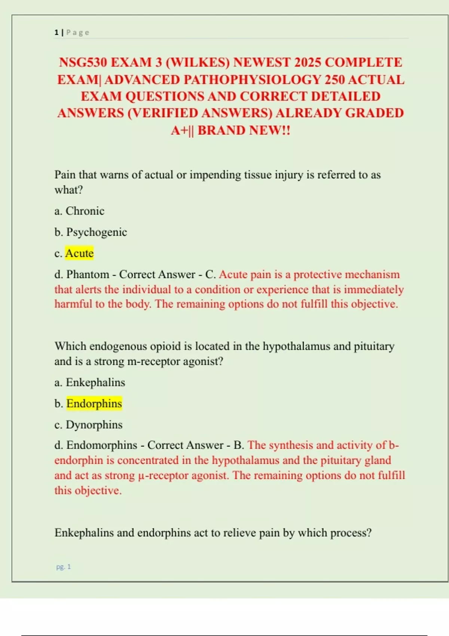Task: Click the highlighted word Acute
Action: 79,253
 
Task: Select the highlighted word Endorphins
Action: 94,404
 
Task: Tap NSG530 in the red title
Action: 83,62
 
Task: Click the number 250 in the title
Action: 335,80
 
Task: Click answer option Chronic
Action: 85,211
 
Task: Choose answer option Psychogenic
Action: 97,232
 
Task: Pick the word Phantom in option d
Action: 88,275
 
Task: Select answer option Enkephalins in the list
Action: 95,383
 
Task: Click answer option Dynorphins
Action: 94,425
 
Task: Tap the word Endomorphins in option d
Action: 102,445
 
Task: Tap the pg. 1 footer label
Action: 64,567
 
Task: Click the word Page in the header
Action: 78,33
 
